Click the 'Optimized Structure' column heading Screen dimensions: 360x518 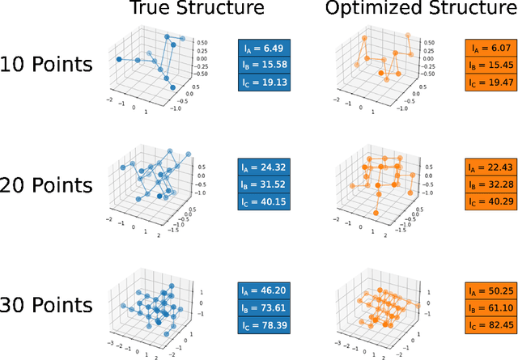(x=410, y=11)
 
